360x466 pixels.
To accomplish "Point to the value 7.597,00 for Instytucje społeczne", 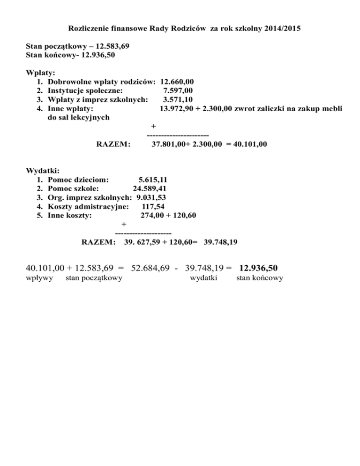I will pos(177,90).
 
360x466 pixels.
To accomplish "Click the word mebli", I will pos(332,108).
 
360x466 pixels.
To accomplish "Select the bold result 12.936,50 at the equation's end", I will pos(258,268).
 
